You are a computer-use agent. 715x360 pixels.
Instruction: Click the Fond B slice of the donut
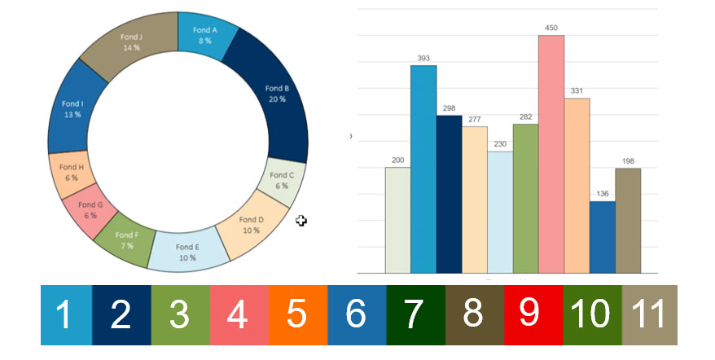(275, 94)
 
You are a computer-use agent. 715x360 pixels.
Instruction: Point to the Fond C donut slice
(282, 180)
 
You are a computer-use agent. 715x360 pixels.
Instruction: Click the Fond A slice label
(204, 34)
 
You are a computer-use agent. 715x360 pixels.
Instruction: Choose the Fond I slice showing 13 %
(72, 109)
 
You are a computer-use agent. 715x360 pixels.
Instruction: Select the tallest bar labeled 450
(551, 155)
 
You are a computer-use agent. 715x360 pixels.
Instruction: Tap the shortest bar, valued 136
(603, 236)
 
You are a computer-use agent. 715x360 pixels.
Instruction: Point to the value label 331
(577, 90)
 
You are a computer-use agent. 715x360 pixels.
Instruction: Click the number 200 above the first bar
(397, 160)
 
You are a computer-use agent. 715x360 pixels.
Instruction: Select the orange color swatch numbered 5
(297, 314)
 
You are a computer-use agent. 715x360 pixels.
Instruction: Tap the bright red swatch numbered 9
(533, 314)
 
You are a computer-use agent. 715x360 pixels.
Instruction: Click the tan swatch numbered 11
(649, 314)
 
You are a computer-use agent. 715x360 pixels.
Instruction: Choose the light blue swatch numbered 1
(66, 314)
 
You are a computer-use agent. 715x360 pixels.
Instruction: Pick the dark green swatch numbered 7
(415, 314)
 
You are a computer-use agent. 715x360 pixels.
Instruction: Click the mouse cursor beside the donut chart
(300, 221)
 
